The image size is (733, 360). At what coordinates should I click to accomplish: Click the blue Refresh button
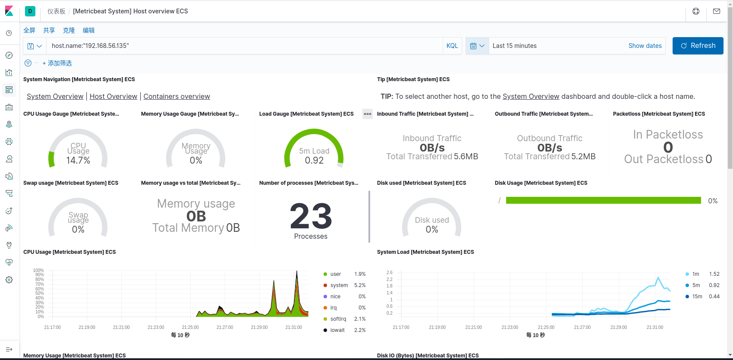pyautogui.click(x=698, y=46)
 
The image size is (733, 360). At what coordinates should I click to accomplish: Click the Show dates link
pyautogui.click(x=645, y=46)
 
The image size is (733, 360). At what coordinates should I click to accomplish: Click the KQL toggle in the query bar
pyautogui.click(x=452, y=46)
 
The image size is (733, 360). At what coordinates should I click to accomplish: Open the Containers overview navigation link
pyautogui.click(x=176, y=96)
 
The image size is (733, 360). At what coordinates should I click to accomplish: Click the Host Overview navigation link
pyautogui.click(x=113, y=96)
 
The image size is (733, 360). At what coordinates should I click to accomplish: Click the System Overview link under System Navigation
pyautogui.click(x=55, y=96)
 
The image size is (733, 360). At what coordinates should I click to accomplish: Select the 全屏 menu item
pyautogui.click(x=29, y=30)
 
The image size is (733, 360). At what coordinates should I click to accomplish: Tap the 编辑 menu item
pyautogui.click(x=88, y=30)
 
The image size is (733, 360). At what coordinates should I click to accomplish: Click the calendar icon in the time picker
pyautogui.click(x=473, y=46)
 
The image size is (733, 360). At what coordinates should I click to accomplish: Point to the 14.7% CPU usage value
pyautogui.click(x=78, y=161)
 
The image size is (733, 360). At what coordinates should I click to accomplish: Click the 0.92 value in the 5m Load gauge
pyautogui.click(x=314, y=161)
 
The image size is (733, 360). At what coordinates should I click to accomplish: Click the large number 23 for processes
pyautogui.click(x=311, y=216)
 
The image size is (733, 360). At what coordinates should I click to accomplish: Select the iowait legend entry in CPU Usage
pyautogui.click(x=337, y=330)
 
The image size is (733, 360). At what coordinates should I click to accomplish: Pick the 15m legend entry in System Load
pyautogui.click(x=697, y=297)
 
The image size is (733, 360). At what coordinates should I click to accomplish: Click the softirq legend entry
pyautogui.click(x=338, y=319)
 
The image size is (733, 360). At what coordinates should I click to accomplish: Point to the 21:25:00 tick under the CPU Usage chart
pyautogui.click(x=190, y=327)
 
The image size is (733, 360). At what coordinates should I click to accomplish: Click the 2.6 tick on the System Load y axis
pyautogui.click(x=390, y=272)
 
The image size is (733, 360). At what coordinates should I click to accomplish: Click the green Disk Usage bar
pyautogui.click(x=603, y=200)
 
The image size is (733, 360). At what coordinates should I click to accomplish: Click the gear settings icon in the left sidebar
pyautogui.click(x=9, y=280)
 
